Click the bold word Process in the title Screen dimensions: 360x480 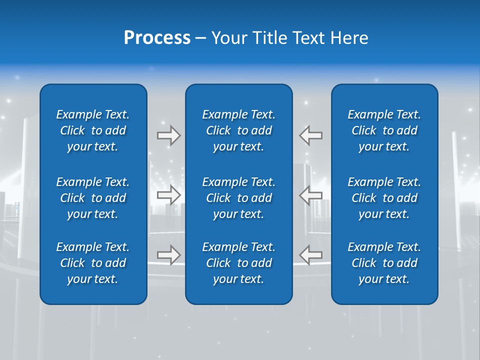pos(157,38)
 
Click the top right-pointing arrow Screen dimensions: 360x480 pos(168,135)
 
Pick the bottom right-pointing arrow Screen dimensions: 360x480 pos(168,255)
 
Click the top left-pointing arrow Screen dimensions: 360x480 pos(311,135)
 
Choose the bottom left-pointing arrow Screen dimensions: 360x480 pos(311,255)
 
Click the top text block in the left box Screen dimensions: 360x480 pos(92,130)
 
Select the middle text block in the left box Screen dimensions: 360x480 pos(92,198)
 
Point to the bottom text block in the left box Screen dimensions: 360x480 pos(92,263)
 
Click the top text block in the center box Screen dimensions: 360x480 pos(238,130)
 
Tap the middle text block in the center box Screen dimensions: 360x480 pos(238,198)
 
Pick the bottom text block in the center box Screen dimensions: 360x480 pos(238,263)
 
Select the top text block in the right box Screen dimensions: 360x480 pos(384,130)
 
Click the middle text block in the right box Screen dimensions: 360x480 pos(384,198)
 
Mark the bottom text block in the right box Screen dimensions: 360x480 pos(384,263)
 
